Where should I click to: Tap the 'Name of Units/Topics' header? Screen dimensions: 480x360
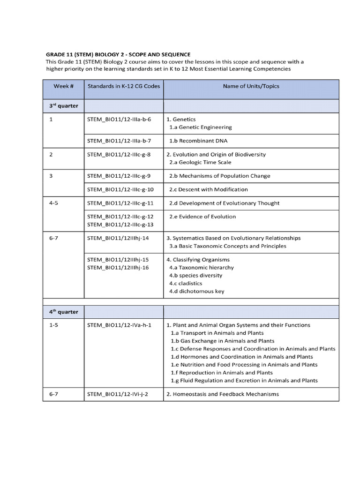tap(251, 86)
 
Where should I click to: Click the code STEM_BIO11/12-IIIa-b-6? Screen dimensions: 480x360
tap(119, 119)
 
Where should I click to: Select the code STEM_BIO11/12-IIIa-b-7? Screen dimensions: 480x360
tap(119, 141)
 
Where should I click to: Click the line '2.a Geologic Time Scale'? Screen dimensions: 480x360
tap(200, 162)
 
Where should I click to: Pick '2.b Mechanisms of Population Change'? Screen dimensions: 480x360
tap(219, 176)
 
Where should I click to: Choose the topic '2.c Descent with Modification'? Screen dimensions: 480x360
tap(208, 189)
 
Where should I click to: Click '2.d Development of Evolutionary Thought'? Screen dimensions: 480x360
tap(224, 203)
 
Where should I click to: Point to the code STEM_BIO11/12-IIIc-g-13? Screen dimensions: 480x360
tap(120, 225)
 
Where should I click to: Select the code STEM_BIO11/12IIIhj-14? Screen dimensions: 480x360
tap(118, 238)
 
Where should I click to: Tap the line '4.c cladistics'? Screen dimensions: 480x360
tap(186, 283)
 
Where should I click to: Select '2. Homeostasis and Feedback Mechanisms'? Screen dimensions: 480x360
tap(222, 394)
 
